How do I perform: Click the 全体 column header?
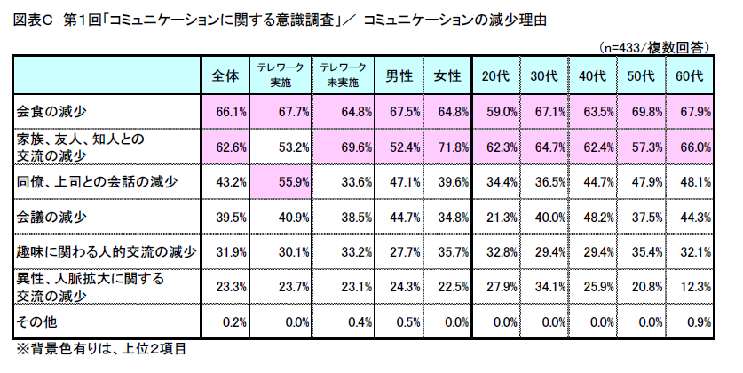click(225, 76)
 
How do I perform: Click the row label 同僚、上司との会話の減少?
click(98, 182)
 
